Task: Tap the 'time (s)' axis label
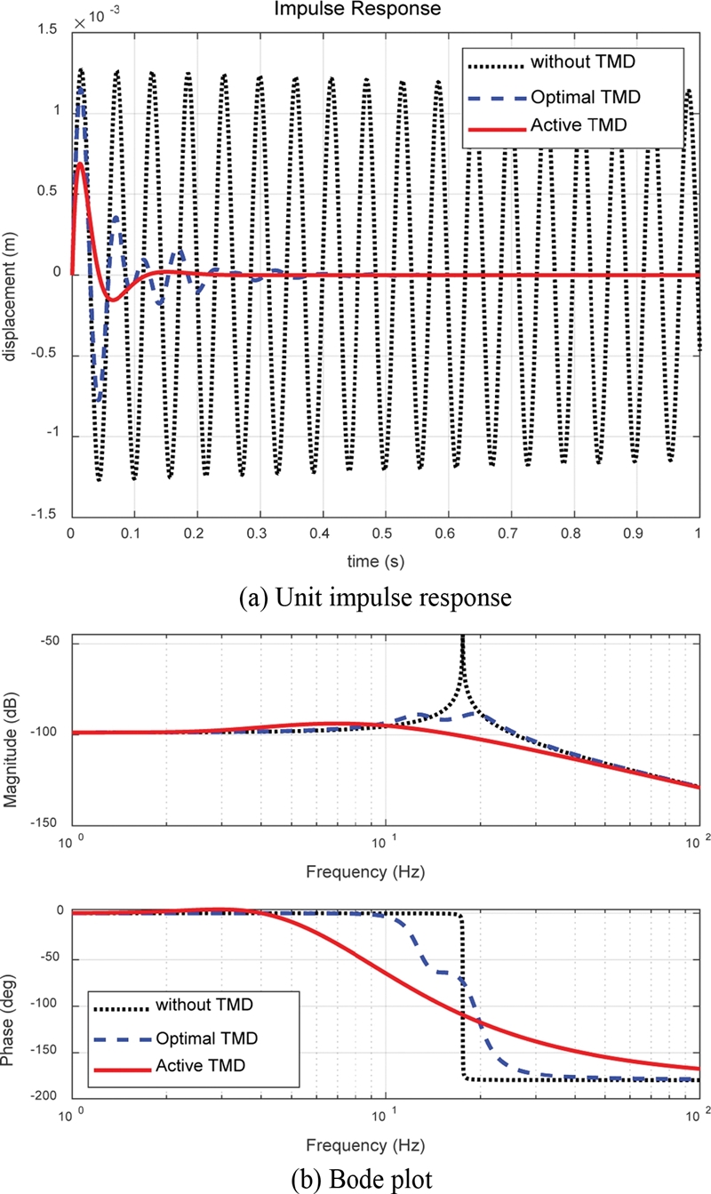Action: coord(384,560)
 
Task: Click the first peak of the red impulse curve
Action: coord(80,164)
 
